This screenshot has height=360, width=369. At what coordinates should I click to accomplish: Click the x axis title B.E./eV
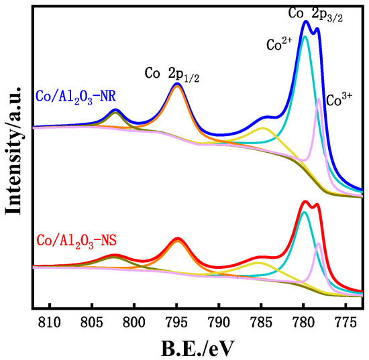click(198, 348)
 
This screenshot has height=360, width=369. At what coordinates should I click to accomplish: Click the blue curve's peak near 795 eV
click(177, 84)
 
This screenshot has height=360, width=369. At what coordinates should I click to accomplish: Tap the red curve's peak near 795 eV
click(177, 239)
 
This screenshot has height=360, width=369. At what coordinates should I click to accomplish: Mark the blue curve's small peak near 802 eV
click(115, 110)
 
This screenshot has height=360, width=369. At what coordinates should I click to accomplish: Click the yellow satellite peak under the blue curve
click(262, 127)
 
